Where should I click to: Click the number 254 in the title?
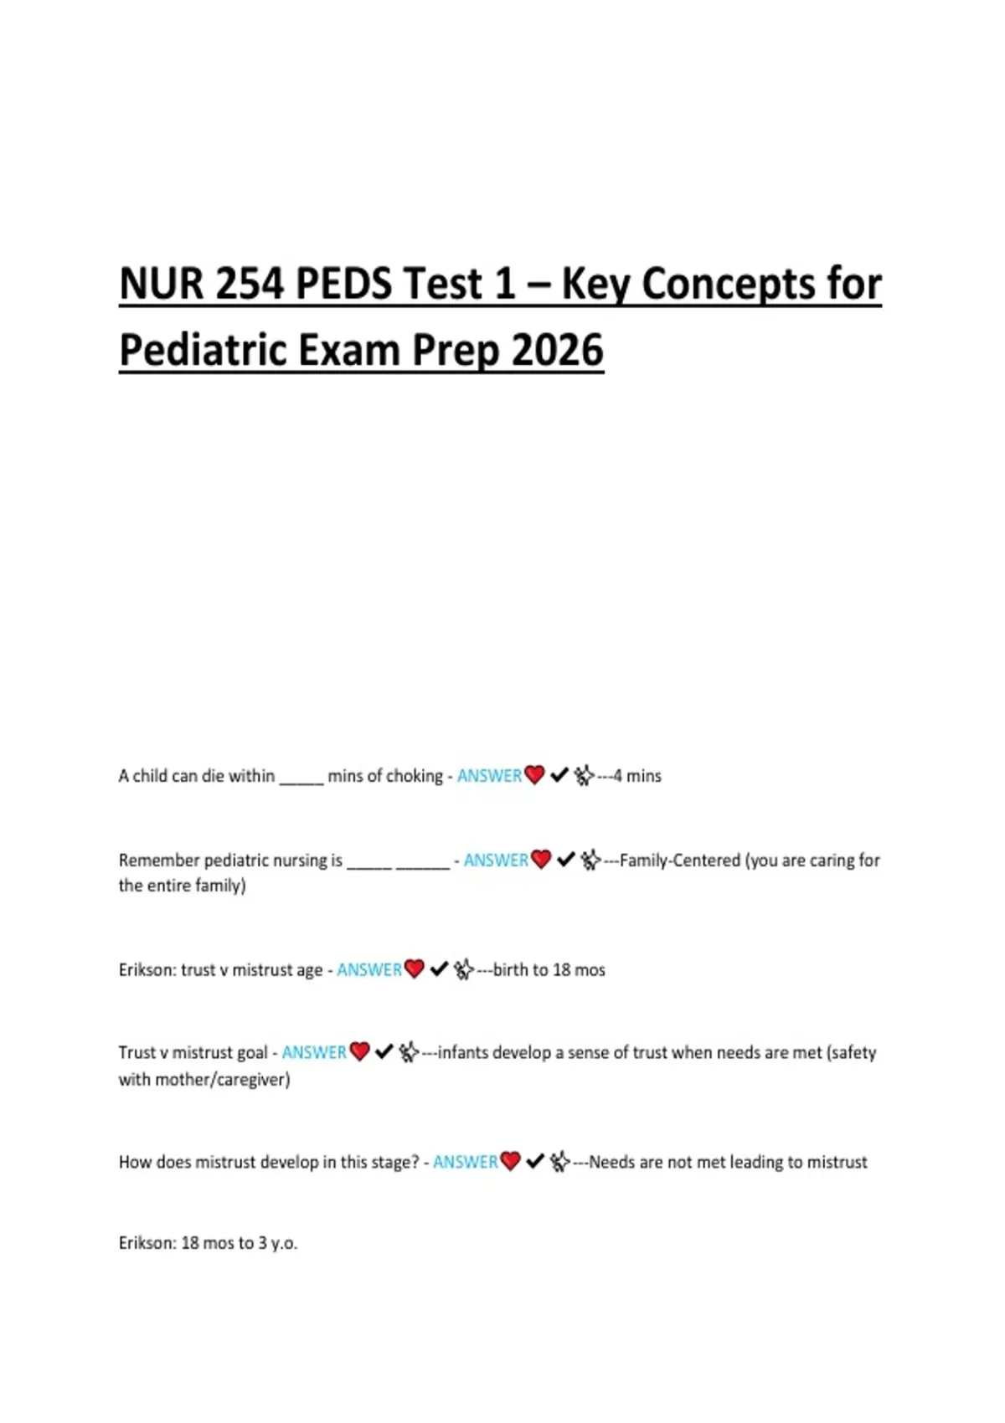[249, 284]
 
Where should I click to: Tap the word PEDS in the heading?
[344, 284]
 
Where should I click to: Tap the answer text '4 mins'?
[637, 776]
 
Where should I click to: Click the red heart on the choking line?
[534, 775]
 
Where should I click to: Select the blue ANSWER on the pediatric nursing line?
[496, 860]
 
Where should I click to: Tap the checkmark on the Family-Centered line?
[565, 859]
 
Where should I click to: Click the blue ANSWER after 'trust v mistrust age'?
[369, 969]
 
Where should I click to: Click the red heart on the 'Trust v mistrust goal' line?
[359, 1051]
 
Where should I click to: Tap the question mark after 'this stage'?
[415, 1162]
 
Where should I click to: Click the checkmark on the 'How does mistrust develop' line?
[535, 1161]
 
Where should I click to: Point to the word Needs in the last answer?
[612, 1162]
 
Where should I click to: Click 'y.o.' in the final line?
[284, 1243]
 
